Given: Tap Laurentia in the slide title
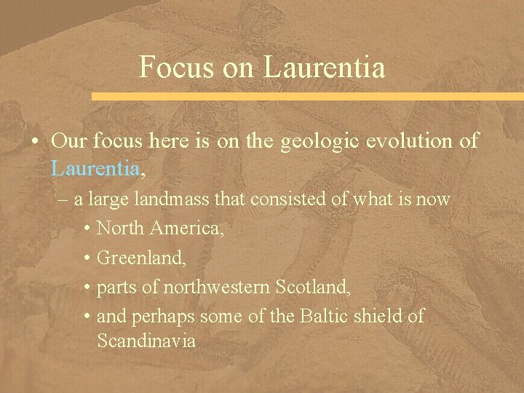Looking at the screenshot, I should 325,67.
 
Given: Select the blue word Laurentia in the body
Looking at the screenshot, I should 95,169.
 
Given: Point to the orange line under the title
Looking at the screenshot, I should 306,96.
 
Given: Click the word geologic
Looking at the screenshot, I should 316,140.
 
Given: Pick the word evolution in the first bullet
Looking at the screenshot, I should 410,140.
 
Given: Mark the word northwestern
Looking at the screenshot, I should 218,287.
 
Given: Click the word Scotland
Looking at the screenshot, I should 313,287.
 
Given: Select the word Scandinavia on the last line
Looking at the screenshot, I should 146,340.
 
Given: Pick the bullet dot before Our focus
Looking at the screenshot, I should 35,141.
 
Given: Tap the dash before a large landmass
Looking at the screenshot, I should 62,199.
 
